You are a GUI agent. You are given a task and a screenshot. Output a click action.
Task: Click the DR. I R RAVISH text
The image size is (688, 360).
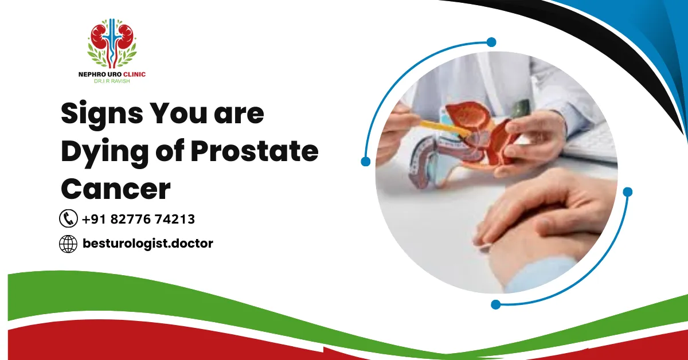[112, 81]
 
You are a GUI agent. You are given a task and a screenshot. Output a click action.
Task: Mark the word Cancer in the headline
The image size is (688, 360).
[116, 189]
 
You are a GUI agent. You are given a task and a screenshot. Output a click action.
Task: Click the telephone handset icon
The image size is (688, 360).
[68, 218]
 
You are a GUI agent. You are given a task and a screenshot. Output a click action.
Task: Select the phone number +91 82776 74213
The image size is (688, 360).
[138, 219]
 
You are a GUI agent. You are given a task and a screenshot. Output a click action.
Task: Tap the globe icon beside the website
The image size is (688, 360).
[68, 244]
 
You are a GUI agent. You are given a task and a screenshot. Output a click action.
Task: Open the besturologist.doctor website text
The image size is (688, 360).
[147, 244]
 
